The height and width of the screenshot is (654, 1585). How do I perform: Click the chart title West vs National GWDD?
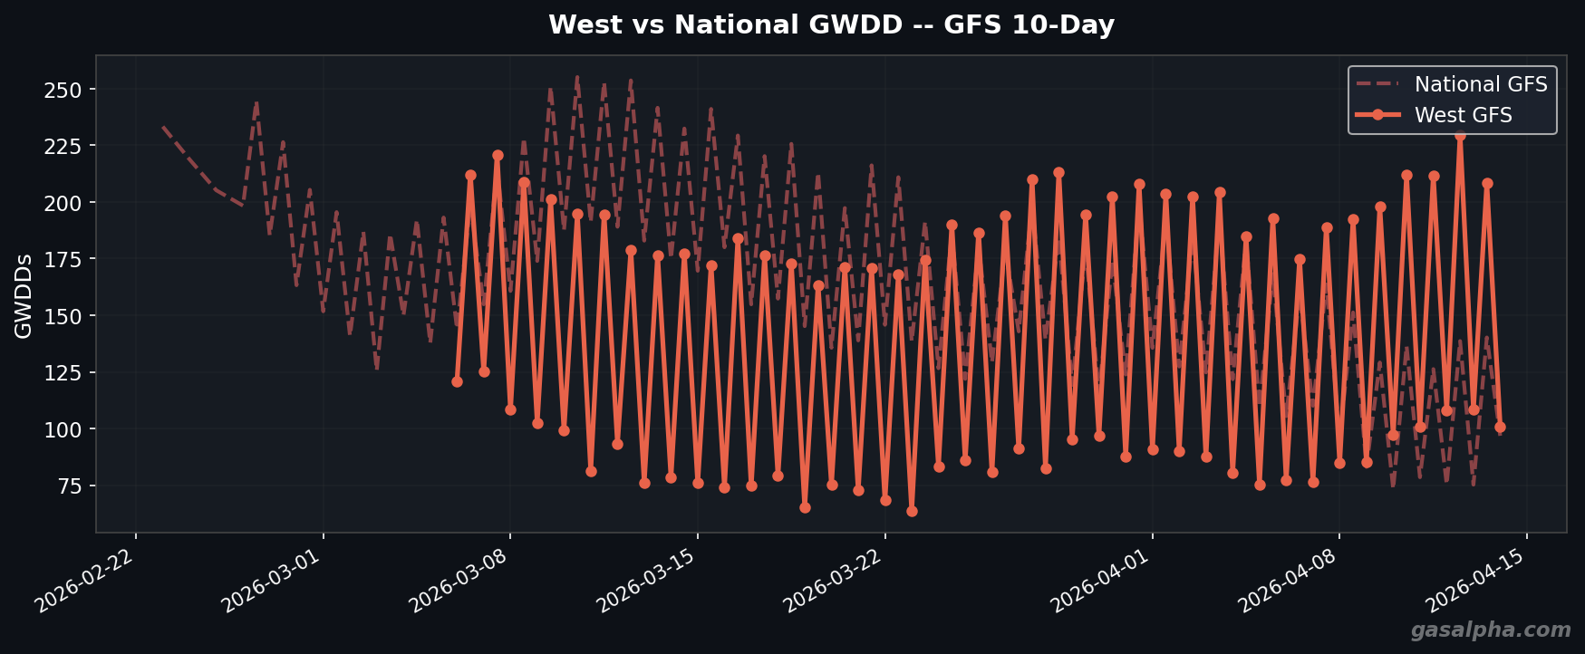pyautogui.click(x=831, y=25)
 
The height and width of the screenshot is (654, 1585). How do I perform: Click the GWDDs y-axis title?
pyautogui.click(x=24, y=296)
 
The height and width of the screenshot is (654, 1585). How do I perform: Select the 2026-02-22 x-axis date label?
pyautogui.click(x=87, y=581)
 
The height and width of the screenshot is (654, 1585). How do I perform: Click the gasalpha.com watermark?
pyautogui.click(x=1490, y=630)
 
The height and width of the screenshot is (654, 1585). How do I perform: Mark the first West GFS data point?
pyautogui.click(x=457, y=381)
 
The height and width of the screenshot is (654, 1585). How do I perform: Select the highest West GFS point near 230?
pyautogui.click(x=1460, y=135)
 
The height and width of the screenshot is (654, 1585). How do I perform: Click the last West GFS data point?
pyautogui.click(x=1500, y=427)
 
